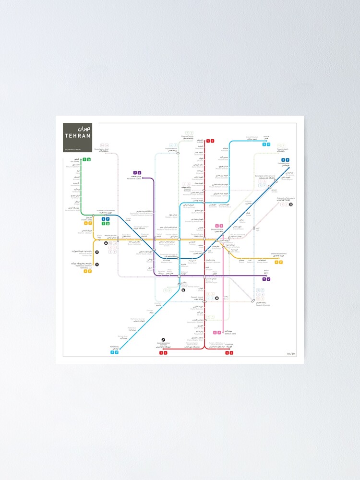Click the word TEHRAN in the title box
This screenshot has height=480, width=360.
coord(78,136)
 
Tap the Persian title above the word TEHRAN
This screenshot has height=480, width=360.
coord(84,129)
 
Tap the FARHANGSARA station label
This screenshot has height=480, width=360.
coord(284,164)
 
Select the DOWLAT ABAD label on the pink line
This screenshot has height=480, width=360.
coord(229,332)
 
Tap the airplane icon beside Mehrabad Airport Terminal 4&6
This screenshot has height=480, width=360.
coord(97,264)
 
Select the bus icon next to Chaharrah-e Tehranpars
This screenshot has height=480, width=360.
coord(291,204)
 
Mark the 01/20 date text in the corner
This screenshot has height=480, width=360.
coord(291,354)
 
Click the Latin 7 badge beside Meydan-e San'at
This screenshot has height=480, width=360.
coord(135,172)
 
